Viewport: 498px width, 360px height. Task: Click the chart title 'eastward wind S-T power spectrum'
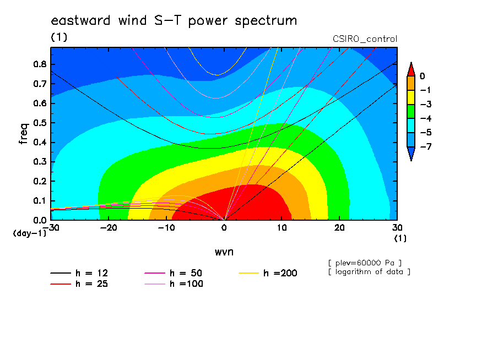(x=174, y=21)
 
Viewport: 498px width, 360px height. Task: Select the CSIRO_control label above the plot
(x=365, y=39)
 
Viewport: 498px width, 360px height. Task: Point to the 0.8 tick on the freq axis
(x=40, y=64)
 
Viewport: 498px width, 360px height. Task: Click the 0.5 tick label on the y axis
(x=40, y=123)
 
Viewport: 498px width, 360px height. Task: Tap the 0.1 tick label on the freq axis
(x=40, y=201)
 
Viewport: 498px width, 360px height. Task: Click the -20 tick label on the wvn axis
(x=109, y=228)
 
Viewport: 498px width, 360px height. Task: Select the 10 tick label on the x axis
(x=282, y=228)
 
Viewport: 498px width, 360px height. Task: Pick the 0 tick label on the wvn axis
(x=224, y=228)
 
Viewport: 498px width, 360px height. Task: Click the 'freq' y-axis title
(x=23, y=134)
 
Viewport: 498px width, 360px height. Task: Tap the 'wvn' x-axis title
(x=224, y=252)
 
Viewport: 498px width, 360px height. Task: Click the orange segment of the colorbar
(x=411, y=83)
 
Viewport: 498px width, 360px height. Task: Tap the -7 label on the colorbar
(x=426, y=146)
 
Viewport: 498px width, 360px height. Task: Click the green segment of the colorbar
(x=411, y=111)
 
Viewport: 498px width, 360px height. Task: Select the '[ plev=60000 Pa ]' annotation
(x=365, y=263)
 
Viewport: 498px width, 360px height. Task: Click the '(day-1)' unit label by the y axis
(x=30, y=233)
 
